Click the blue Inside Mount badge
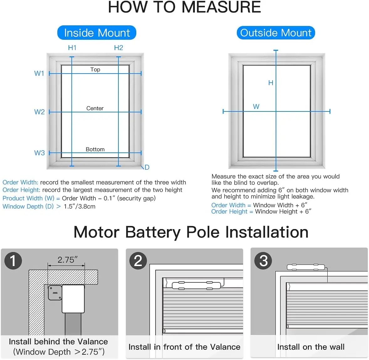point(97,33)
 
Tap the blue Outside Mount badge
point(276,33)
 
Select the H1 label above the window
point(72,48)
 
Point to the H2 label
point(118,48)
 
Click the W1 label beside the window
point(39,73)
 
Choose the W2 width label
point(39,112)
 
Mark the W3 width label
point(39,153)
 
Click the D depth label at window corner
point(147,167)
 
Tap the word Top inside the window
point(95,69)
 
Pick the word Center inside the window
point(95,108)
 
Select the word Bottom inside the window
point(95,149)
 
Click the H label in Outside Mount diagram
point(271,83)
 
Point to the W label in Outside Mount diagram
point(256,106)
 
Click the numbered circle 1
point(13,260)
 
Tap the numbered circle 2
point(138,260)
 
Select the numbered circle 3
point(263,260)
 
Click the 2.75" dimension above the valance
point(67,260)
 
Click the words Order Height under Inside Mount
point(21,190)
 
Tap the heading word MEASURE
point(221,7)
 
